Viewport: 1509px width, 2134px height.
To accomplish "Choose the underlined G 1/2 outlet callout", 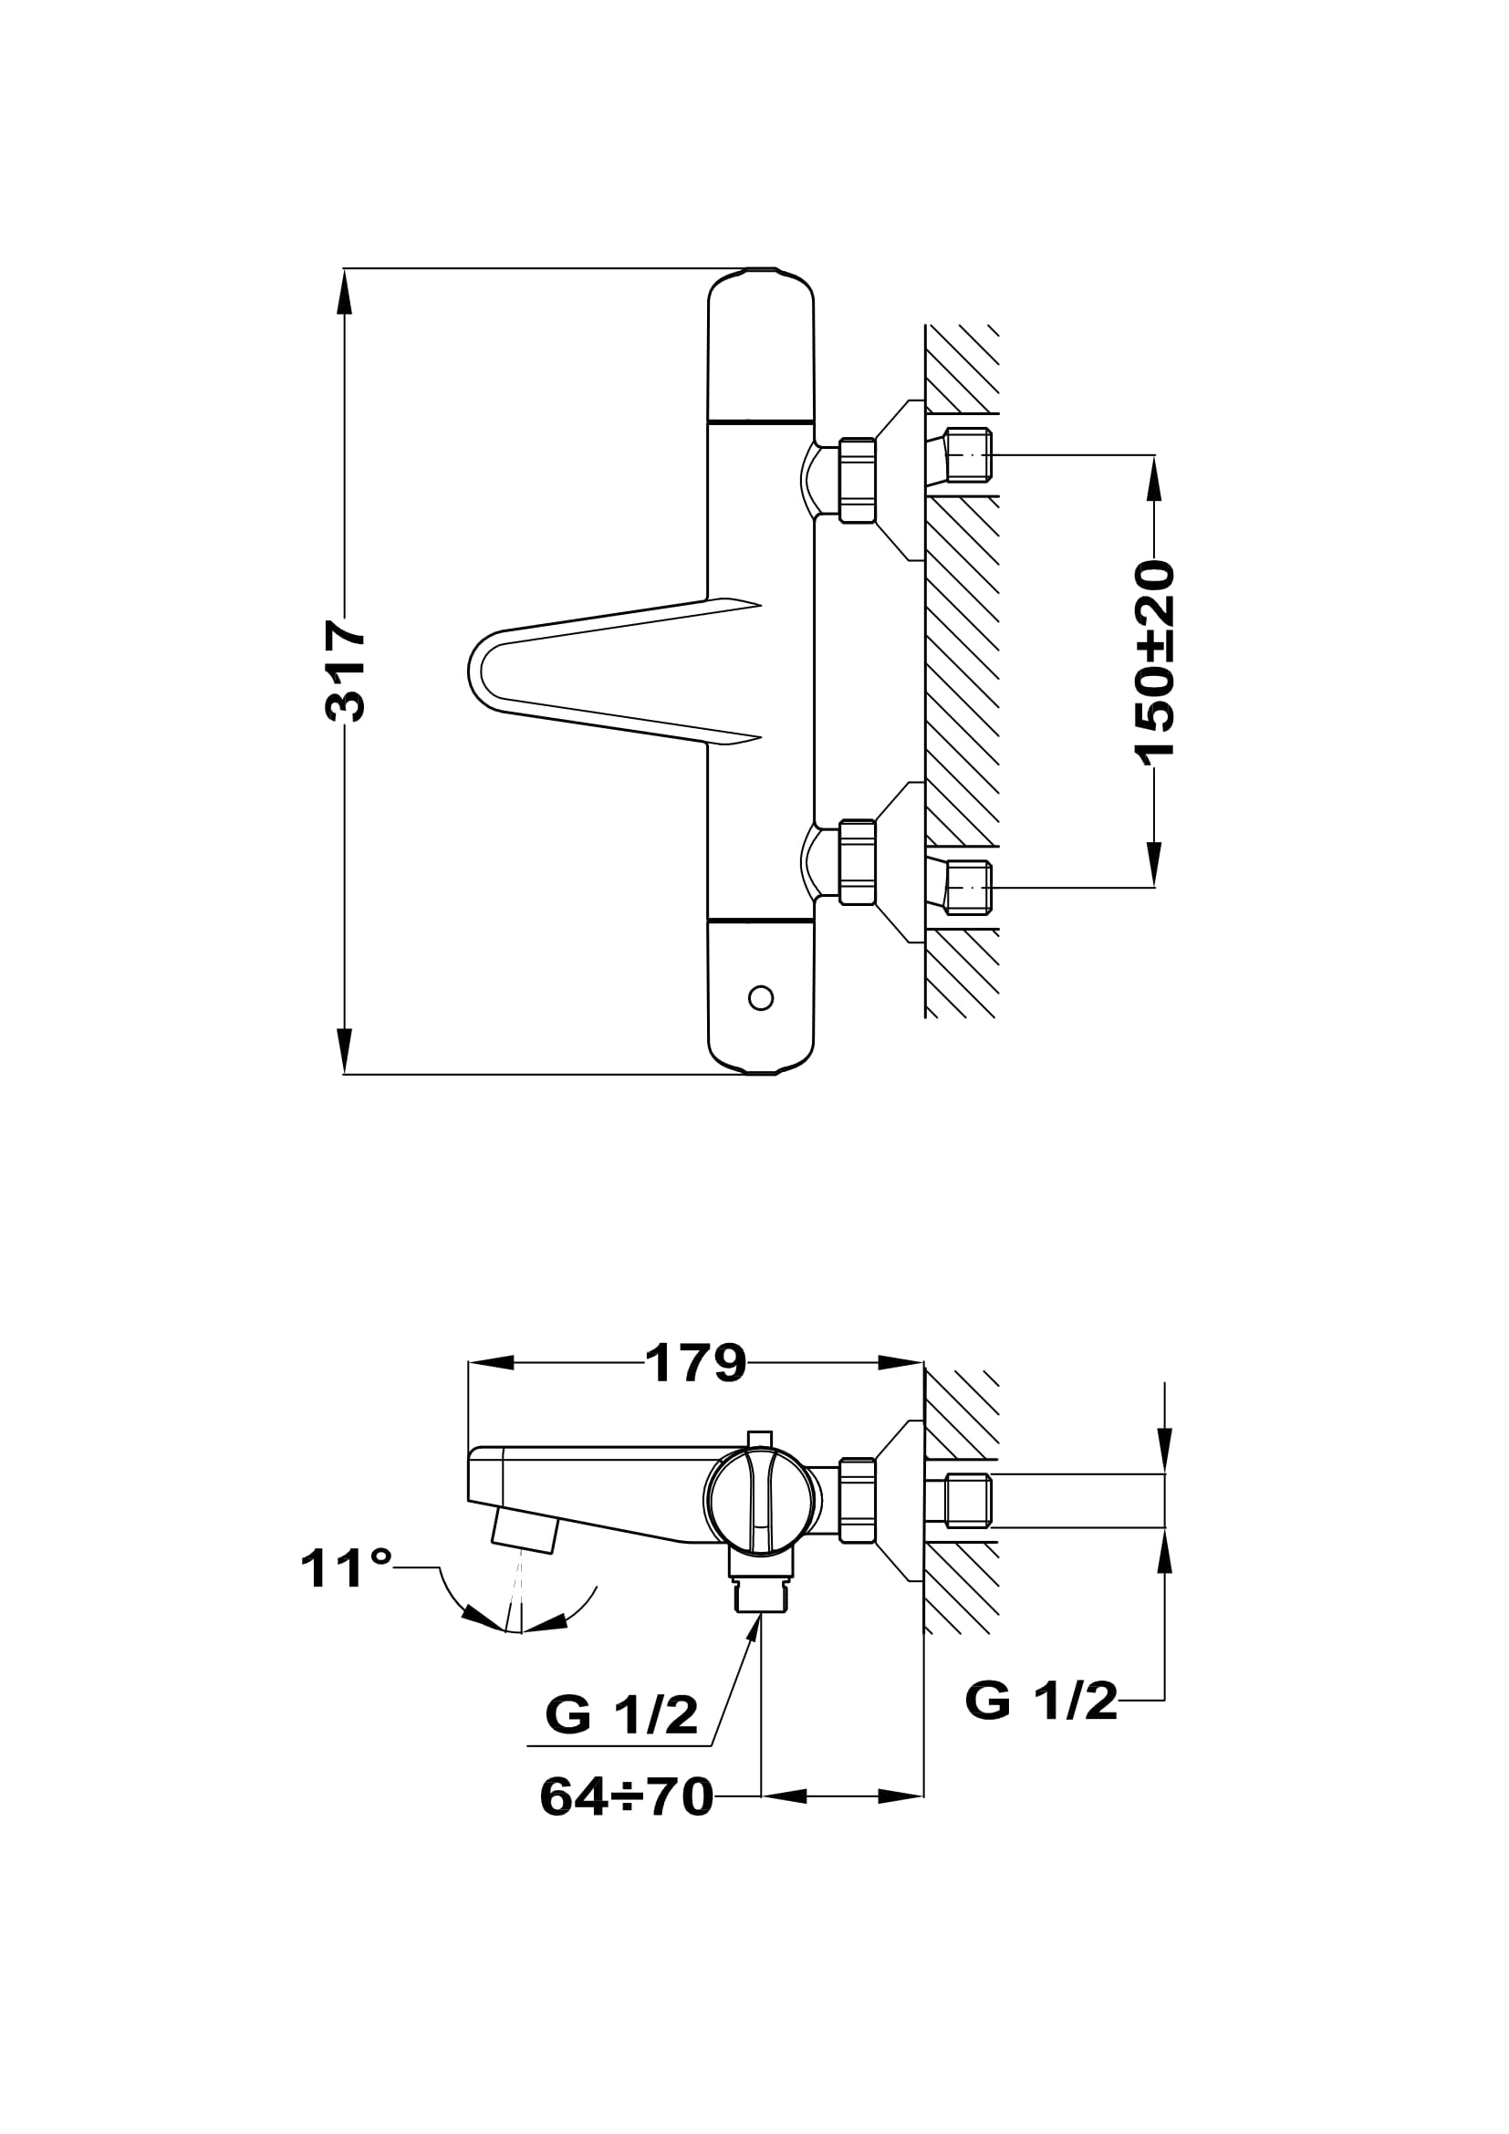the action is click(621, 1714).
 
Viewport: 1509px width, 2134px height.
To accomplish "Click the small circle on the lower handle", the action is click(761, 998).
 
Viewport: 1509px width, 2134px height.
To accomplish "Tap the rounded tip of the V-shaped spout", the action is click(471, 672).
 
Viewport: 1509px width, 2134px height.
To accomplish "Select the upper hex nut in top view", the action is click(858, 480).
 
